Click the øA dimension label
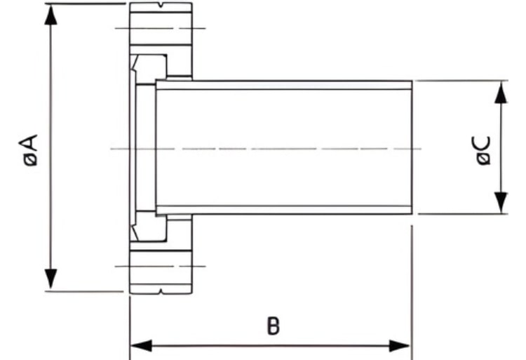(28, 150)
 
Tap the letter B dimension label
(273, 326)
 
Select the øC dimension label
(483, 150)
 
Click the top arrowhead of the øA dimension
(50, 15)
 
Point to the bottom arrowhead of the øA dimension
(50, 279)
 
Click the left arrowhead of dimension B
(141, 345)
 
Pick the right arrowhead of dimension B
(400, 345)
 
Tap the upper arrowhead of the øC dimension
(501, 92)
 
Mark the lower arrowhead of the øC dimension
(501, 202)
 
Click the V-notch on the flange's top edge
(162, 5)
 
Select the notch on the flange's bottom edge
(161, 291)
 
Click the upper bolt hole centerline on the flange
(161, 28)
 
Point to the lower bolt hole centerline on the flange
(161, 267)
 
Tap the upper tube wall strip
(284, 85)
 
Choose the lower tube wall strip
(284, 210)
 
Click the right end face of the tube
(412, 147)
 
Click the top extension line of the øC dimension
(461, 81)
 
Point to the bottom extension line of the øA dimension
(84, 291)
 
